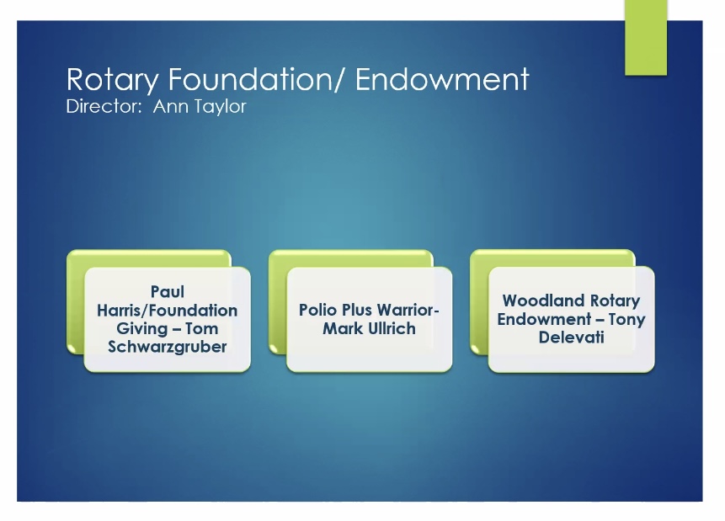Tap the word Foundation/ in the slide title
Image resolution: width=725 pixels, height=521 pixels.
click(x=257, y=78)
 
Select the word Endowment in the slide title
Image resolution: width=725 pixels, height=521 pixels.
click(x=442, y=78)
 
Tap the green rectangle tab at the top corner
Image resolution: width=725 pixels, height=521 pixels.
click(x=646, y=37)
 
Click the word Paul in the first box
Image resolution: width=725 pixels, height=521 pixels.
click(x=168, y=292)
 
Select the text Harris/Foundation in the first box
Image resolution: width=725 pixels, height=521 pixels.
click(x=168, y=311)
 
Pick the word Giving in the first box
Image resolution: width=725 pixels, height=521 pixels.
click(x=141, y=329)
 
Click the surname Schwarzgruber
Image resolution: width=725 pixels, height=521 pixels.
click(x=168, y=347)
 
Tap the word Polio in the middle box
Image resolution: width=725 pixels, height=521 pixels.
click(x=317, y=310)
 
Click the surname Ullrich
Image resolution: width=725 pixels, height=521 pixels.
click(x=392, y=329)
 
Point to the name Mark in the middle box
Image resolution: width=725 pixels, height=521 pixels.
click(x=343, y=329)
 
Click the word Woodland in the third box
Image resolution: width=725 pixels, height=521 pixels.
click(x=544, y=300)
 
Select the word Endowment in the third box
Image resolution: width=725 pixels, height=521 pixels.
click(x=544, y=319)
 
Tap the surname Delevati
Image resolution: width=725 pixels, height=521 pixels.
click(x=572, y=338)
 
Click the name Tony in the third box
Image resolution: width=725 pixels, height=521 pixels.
click(x=627, y=320)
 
